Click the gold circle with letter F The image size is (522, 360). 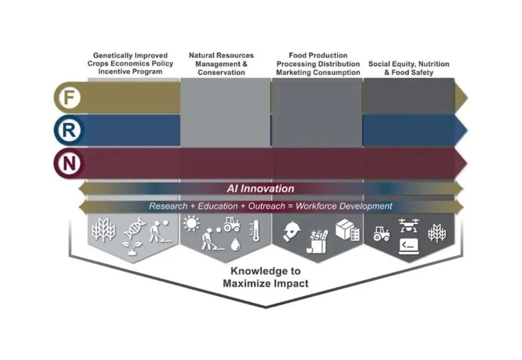[x=69, y=98]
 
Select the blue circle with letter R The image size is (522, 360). [x=69, y=130]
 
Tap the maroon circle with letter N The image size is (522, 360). [x=69, y=163]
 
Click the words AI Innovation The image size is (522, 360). [x=261, y=188]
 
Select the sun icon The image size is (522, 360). [x=191, y=223]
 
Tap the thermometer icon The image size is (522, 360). [x=252, y=230]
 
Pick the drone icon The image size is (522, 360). [x=409, y=225]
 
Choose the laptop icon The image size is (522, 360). [x=408, y=246]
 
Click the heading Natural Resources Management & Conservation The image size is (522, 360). [x=221, y=64]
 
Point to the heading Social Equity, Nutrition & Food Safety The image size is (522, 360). [x=408, y=68]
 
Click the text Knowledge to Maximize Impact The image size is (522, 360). [x=265, y=277]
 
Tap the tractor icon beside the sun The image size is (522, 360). [x=232, y=224]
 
